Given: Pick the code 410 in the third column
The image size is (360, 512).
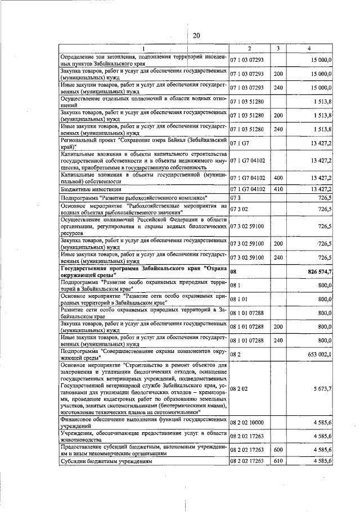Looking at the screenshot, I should pos(278,188).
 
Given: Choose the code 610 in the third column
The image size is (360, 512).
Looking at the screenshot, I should pos(278,461).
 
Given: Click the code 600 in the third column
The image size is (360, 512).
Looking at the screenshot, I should pos(278,450).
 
